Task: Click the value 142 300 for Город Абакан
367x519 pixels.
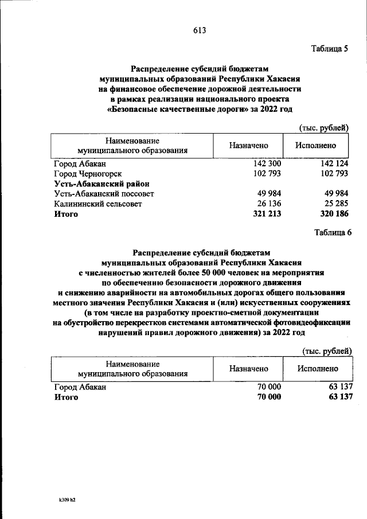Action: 267,163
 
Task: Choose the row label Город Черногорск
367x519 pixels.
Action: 88,173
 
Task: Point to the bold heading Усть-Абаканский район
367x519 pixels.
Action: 101,184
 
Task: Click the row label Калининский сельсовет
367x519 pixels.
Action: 97,204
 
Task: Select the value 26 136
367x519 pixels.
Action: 269,204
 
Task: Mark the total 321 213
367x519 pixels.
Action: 267,214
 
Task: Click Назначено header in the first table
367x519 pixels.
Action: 248,146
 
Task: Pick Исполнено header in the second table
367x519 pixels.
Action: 317,369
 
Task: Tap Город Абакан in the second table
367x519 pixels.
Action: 80,387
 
